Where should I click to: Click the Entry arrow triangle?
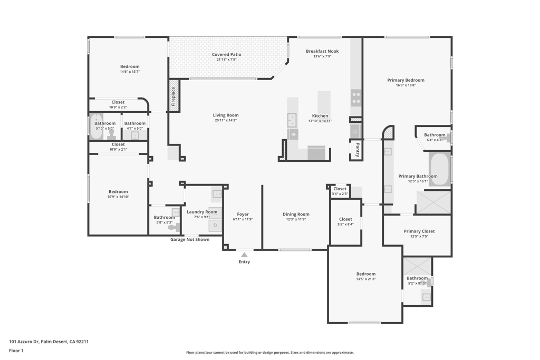[x=244, y=255]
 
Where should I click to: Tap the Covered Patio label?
[x=226, y=54]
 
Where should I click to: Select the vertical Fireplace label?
[x=172, y=96]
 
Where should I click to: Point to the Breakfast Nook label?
[x=322, y=51]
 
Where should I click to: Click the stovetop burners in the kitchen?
[x=356, y=98]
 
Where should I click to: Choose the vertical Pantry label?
[x=357, y=150]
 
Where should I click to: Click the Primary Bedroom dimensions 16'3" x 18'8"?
[x=406, y=85]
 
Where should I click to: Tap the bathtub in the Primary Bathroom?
[x=440, y=169]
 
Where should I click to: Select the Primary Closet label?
[x=419, y=231]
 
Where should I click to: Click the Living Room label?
[x=226, y=115]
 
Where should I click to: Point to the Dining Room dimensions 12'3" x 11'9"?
[x=296, y=219]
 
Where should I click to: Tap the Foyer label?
[x=243, y=214]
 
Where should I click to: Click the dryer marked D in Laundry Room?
[x=215, y=226]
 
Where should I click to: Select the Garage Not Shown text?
[x=189, y=239]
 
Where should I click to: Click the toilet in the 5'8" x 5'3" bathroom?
[x=171, y=227]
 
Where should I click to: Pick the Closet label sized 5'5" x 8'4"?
[x=345, y=219]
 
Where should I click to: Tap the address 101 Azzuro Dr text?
[x=49, y=342]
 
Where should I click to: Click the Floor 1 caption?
[x=16, y=351]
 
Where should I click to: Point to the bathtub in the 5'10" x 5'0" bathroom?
[x=95, y=127]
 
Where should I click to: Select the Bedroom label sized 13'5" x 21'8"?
[x=365, y=274]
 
